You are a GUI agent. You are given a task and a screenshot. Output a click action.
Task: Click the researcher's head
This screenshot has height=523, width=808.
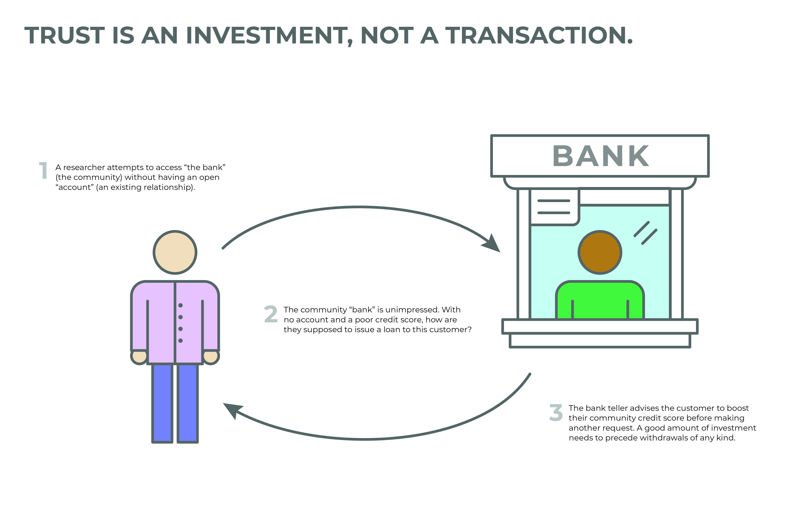pyautogui.click(x=175, y=252)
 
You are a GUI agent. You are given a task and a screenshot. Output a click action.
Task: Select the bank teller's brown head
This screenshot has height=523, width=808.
pyautogui.click(x=600, y=252)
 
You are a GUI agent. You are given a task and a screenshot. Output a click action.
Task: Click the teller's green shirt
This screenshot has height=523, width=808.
pyautogui.click(x=600, y=300)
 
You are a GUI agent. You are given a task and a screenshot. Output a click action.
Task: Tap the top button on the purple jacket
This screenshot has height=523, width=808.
pyautogui.click(x=180, y=305)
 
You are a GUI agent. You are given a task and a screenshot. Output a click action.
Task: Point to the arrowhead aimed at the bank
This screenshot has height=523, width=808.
pyautogui.click(x=492, y=243)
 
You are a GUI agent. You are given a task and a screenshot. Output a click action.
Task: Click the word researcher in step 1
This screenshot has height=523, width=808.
pyautogui.click(x=84, y=167)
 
